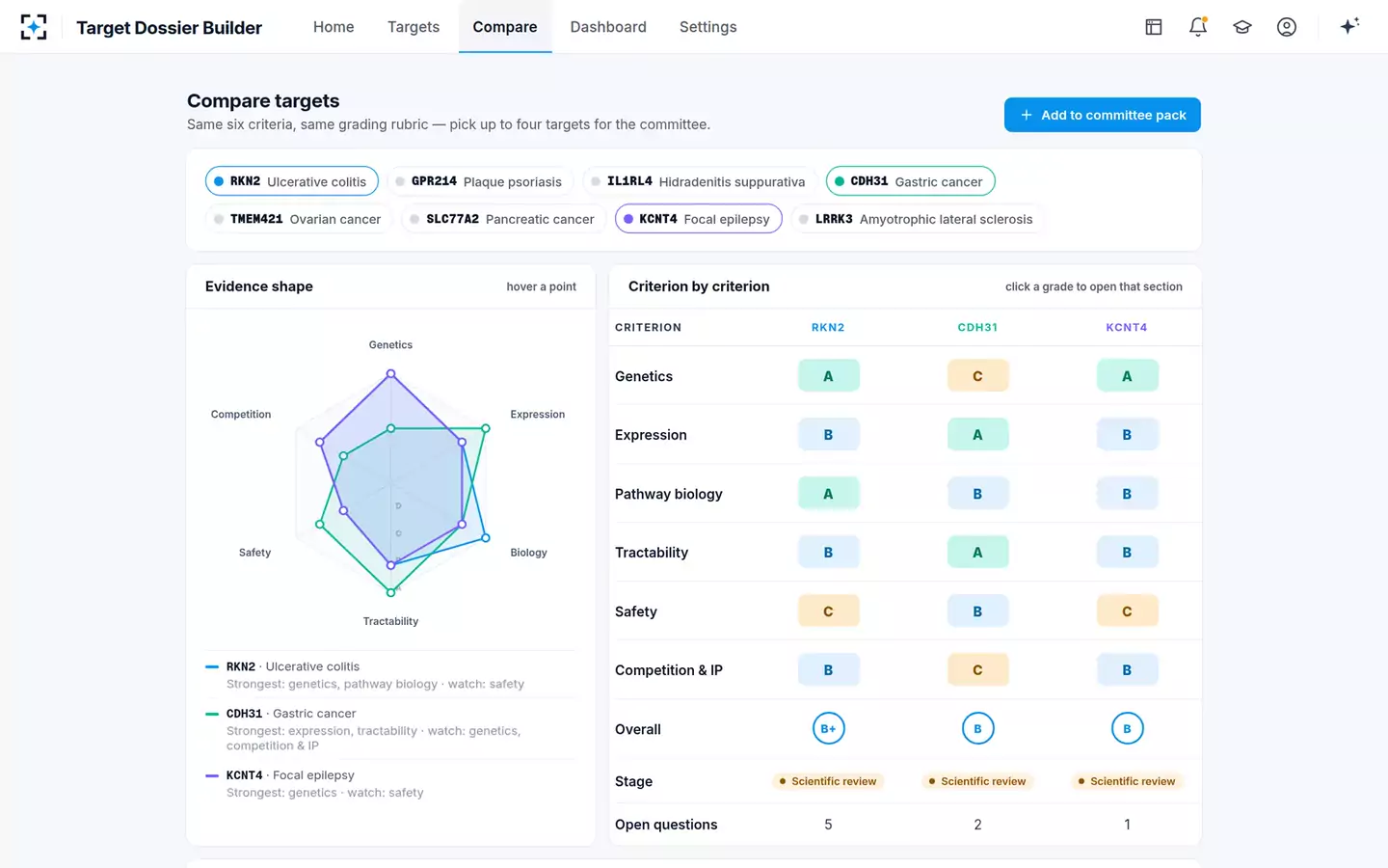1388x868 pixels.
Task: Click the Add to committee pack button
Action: point(1102,115)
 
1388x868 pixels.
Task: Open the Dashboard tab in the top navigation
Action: point(608,27)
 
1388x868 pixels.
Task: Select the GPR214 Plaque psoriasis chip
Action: point(480,181)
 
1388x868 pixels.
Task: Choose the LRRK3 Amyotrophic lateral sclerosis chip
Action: point(919,219)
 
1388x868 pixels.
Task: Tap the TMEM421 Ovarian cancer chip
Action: point(299,219)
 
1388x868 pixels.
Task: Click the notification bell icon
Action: point(1198,27)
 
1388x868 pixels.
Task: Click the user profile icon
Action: point(1287,27)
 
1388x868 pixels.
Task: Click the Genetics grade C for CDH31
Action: point(977,376)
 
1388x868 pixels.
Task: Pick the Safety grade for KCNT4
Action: point(1127,611)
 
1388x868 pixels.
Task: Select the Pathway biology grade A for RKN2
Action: point(828,494)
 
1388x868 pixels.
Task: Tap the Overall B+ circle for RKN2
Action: point(828,728)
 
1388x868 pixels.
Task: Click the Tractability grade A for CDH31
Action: point(977,553)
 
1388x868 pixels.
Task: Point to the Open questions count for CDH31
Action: point(977,824)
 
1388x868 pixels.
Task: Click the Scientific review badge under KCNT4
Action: point(1127,781)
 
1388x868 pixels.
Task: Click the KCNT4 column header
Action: point(1127,327)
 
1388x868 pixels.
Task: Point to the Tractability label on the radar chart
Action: point(390,621)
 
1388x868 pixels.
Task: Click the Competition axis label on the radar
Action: point(240,414)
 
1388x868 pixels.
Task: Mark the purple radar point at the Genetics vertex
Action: point(390,374)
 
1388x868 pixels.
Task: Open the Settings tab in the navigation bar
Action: point(707,27)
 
